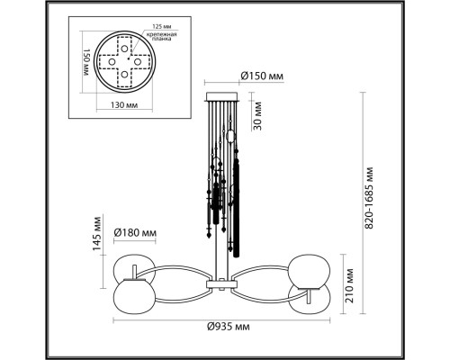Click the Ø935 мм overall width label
[x=229, y=326]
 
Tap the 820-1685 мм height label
[x=369, y=198]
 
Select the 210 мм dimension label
[x=349, y=285]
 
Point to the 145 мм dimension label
[x=97, y=233]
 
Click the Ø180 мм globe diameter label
[x=135, y=232]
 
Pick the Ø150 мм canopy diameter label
[x=262, y=76]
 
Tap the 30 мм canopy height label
[x=257, y=116]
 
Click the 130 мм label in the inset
[x=124, y=105]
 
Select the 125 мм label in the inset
[x=160, y=27]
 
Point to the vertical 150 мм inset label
[x=86, y=62]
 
